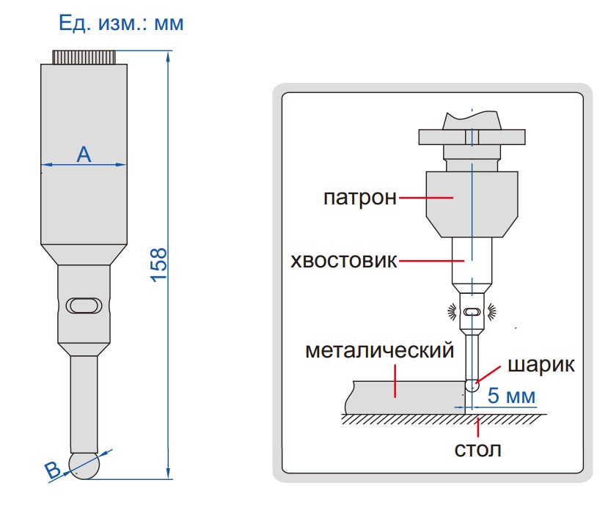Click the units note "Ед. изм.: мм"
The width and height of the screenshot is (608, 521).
[121, 23]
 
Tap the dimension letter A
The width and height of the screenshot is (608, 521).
[84, 154]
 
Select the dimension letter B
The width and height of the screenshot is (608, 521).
[53, 471]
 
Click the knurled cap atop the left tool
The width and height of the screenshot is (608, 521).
[84, 56]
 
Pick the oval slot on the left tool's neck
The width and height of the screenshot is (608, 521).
[83, 305]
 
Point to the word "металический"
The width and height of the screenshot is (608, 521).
[380, 351]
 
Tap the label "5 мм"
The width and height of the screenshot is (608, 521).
[512, 396]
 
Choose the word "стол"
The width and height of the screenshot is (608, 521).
[478, 448]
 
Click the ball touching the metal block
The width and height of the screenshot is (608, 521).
[473, 387]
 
